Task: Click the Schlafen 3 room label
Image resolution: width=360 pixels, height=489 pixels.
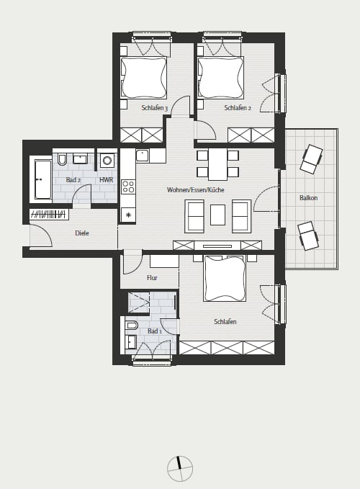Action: pyautogui.click(x=154, y=108)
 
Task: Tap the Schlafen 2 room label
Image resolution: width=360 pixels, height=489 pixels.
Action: pyautogui.click(x=238, y=108)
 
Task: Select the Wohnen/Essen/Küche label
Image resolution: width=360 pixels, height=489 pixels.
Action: pyautogui.click(x=195, y=189)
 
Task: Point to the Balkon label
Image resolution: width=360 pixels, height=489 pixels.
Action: pyautogui.click(x=308, y=198)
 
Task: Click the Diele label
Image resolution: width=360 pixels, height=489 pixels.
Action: pyautogui.click(x=82, y=233)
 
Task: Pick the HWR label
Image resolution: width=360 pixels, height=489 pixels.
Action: pyautogui.click(x=107, y=180)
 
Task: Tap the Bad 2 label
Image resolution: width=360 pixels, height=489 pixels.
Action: pyautogui.click(x=73, y=180)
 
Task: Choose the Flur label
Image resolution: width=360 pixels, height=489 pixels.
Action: pyautogui.click(x=152, y=277)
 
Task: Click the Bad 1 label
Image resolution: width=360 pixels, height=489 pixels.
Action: pyautogui.click(x=155, y=331)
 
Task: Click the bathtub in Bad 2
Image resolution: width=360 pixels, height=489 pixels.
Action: pyautogui.click(x=43, y=179)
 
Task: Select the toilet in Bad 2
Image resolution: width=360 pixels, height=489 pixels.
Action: pyautogui.click(x=62, y=159)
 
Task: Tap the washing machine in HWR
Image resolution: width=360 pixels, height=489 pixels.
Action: pyautogui.click(x=107, y=161)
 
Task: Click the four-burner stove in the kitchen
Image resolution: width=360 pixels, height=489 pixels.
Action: pyautogui.click(x=128, y=187)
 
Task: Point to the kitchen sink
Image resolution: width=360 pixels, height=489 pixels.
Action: pyautogui.click(x=143, y=156)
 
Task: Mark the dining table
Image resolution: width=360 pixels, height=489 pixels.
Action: pyautogui.click(x=217, y=164)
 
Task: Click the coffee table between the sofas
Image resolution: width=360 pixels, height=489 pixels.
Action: pyautogui.click(x=217, y=215)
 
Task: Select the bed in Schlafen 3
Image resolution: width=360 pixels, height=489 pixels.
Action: pyautogui.click(x=144, y=77)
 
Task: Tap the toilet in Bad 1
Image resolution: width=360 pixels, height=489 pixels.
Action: pyautogui.click(x=132, y=326)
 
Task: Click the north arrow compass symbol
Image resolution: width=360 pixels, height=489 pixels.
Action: pyautogui.click(x=180, y=468)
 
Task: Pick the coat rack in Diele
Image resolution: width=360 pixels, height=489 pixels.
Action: pyautogui.click(x=49, y=215)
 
